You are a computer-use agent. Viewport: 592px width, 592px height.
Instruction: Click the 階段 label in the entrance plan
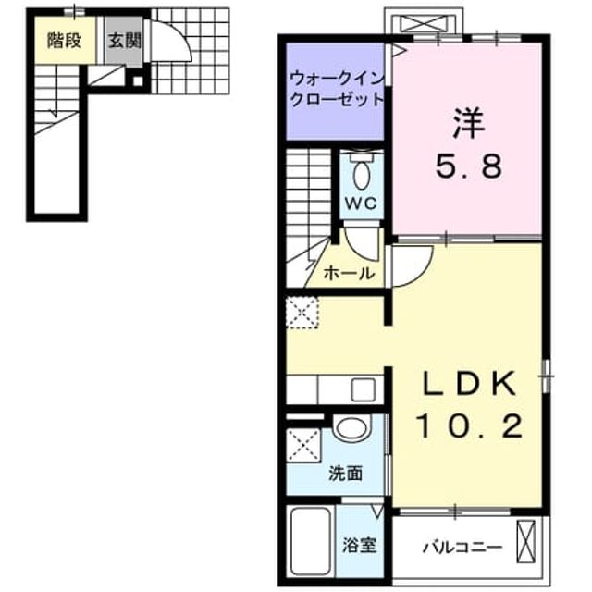point(65,41)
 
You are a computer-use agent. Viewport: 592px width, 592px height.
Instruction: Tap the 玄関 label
point(125,41)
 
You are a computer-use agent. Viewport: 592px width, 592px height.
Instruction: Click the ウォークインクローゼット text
point(337,89)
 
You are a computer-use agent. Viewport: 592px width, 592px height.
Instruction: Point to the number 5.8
point(469,166)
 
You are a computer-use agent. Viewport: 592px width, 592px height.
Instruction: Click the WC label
point(361,203)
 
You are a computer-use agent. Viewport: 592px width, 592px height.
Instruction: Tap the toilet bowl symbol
point(362,175)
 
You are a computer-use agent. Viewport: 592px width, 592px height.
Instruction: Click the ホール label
point(350,273)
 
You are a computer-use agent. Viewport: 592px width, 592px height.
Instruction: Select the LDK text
point(469,383)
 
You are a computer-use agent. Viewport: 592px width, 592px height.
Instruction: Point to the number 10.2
point(469,425)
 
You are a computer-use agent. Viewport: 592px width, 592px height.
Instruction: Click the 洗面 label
point(345,474)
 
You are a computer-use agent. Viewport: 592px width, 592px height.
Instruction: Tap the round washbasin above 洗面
point(352,428)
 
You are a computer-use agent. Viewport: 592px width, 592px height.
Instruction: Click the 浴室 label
point(359,546)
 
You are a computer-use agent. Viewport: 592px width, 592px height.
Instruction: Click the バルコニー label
point(462,547)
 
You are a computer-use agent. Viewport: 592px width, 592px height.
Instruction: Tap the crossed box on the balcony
point(526,542)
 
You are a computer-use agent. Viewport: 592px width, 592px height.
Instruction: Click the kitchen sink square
point(364,390)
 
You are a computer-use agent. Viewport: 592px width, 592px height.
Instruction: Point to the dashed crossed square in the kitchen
point(302,313)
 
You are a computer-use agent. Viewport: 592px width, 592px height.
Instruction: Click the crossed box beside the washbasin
point(304,445)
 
